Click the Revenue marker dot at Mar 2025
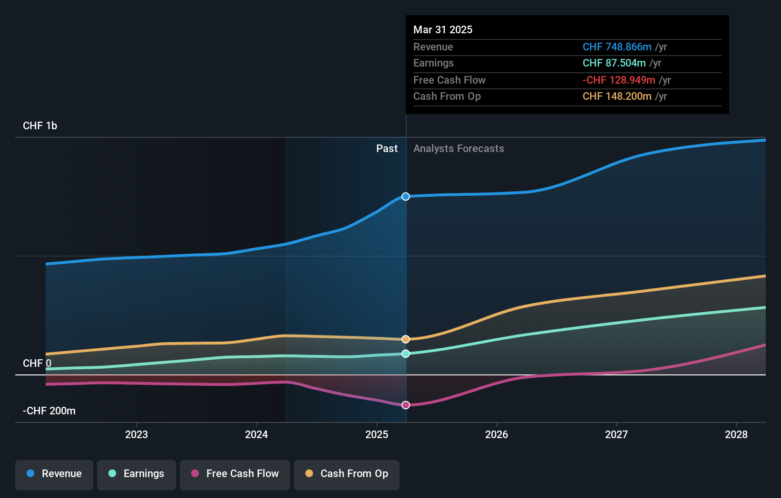(406, 197)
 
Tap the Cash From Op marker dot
(406, 339)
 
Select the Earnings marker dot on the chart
(406, 354)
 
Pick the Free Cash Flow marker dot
(406, 405)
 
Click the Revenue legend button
(54, 474)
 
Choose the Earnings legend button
(137, 474)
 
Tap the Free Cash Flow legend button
(235, 474)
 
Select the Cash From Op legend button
(347, 474)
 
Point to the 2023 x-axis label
(137, 434)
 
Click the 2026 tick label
(497, 434)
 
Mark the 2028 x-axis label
(736, 434)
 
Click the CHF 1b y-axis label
(40, 126)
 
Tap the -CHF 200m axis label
(49, 411)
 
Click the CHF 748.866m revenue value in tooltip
(617, 47)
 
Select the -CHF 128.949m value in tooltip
(619, 80)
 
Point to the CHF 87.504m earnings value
(614, 63)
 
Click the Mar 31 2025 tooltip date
(443, 30)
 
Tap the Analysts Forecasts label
(459, 149)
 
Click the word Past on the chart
(387, 149)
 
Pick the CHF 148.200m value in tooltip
(617, 96)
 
